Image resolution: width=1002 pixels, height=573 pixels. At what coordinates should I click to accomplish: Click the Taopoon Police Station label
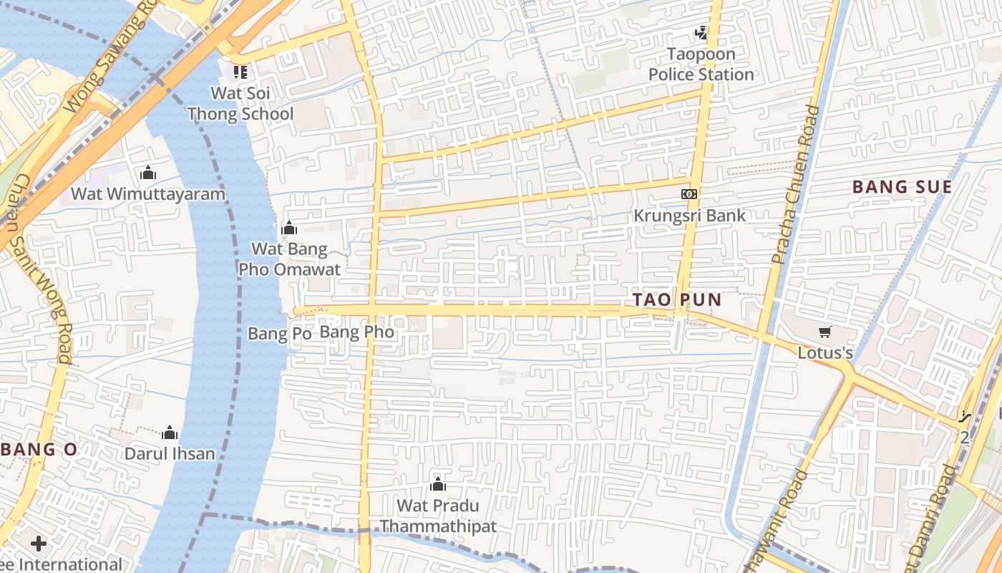(x=701, y=64)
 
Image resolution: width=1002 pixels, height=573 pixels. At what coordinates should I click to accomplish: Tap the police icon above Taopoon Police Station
(x=701, y=32)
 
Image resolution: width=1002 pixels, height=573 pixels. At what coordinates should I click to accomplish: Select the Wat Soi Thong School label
(x=240, y=103)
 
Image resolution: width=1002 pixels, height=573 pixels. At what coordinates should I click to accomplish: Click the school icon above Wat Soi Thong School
(x=240, y=72)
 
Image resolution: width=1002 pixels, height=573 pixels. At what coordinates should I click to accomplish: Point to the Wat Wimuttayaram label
(x=148, y=194)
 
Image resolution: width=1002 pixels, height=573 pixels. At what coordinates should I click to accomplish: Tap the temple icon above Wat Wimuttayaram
(x=148, y=173)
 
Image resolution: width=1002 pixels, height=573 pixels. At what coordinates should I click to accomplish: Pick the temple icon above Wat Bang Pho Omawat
(x=289, y=228)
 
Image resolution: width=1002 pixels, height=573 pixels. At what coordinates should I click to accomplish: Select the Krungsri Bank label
(x=689, y=215)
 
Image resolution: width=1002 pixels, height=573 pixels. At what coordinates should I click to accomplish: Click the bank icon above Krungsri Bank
(x=689, y=193)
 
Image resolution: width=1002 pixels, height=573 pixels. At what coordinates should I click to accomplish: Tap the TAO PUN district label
(x=676, y=300)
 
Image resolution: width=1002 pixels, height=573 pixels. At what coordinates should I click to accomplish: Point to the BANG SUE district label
(x=902, y=188)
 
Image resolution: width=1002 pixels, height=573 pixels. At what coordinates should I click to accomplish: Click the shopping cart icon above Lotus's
(x=825, y=332)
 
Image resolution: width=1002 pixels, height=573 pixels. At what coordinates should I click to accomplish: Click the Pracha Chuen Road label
(x=794, y=185)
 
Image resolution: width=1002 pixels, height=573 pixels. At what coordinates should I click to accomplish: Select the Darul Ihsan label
(x=170, y=453)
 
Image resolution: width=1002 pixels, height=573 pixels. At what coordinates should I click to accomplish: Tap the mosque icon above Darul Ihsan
(x=170, y=433)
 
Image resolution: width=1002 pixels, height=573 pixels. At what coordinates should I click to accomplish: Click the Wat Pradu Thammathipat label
(x=438, y=516)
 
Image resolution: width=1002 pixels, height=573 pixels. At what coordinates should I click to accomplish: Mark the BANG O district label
(x=39, y=450)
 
